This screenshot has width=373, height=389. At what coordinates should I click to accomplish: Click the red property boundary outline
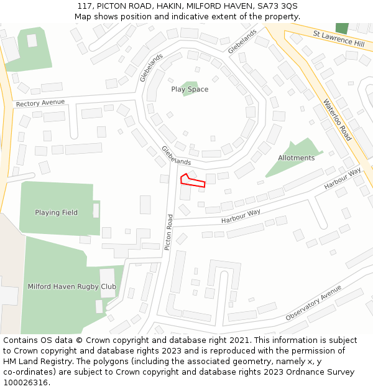pyautogui.click(x=193, y=180)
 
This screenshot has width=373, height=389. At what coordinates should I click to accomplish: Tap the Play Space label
pyautogui.click(x=190, y=90)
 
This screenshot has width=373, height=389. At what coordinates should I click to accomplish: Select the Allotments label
pyautogui.click(x=296, y=158)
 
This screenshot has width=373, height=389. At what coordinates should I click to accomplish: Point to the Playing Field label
pyautogui.click(x=57, y=213)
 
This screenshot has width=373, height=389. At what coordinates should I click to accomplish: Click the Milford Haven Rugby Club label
pyautogui.click(x=71, y=287)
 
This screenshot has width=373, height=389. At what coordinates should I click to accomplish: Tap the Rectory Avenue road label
pyautogui.click(x=40, y=103)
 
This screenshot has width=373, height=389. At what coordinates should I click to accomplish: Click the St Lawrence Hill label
pyautogui.click(x=338, y=39)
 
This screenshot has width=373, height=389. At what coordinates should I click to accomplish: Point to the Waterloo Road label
pyautogui.click(x=337, y=120)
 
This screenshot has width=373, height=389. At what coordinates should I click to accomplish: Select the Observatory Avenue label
pyautogui.click(x=313, y=304)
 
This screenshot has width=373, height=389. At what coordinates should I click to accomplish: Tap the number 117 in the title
pyautogui.click(x=85, y=6)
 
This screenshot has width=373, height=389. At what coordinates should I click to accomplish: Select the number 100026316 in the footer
pyautogui.click(x=24, y=382)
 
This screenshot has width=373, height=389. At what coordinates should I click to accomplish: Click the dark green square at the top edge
pyautogui.click(x=341, y=28)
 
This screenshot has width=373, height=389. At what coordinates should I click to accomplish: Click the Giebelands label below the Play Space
pyautogui.click(x=176, y=156)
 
